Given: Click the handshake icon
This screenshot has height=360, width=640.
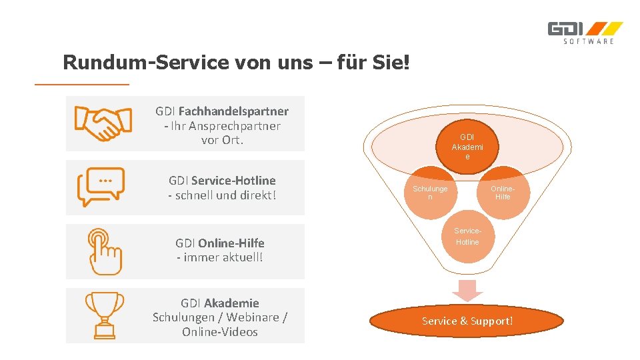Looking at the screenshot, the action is (102, 123).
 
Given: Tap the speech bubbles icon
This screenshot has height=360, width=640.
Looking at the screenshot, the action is (101, 187).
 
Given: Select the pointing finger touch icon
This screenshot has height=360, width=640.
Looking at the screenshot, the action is (104, 251).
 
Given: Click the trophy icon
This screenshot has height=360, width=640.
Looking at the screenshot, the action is (104, 315).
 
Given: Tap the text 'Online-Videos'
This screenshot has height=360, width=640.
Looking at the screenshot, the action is (220, 332).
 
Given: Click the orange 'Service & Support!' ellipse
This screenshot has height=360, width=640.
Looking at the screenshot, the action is (467, 321).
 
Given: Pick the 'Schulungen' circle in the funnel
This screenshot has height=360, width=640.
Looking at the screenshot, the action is (430, 193).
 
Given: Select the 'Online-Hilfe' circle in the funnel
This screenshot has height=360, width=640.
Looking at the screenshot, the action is (503, 193).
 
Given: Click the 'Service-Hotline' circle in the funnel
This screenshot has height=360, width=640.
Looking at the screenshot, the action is (467, 237).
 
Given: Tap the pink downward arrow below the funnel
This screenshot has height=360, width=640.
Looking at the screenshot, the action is (467, 290).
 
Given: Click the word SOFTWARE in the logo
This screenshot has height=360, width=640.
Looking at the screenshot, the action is (589, 42).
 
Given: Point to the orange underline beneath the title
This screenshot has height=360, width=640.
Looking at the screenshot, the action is (81, 85).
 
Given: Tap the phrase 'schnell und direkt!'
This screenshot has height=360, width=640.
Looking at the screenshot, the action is (222, 195).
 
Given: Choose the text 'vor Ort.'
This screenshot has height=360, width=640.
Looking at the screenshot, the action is (222, 141).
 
